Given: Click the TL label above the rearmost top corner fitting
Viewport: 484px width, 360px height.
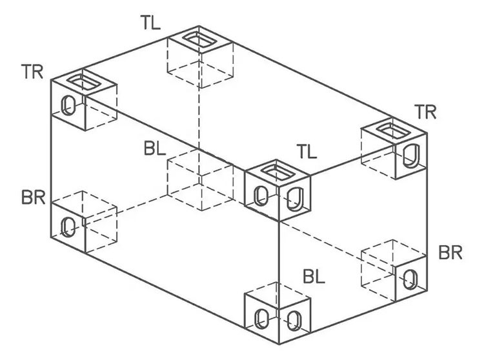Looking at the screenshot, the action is click(x=151, y=23).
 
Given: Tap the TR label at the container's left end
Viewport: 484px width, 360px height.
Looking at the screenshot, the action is click(x=32, y=72).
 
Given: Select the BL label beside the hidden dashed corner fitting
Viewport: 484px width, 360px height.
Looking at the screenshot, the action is click(x=155, y=148).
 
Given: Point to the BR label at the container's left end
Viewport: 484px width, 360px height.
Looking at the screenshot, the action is click(x=34, y=197).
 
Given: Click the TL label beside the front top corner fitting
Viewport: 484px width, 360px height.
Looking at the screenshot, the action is click(x=307, y=151).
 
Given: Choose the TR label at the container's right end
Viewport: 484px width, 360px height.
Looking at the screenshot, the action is click(x=426, y=112).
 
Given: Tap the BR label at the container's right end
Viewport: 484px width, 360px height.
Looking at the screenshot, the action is click(x=450, y=252).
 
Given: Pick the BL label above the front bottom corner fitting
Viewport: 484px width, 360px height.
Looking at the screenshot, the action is click(x=314, y=276).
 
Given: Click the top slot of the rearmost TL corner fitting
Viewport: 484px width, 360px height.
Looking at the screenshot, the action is click(x=197, y=39).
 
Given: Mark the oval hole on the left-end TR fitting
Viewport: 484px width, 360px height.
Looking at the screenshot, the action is click(x=68, y=105).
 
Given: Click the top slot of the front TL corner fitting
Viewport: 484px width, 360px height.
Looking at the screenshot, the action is click(x=277, y=172).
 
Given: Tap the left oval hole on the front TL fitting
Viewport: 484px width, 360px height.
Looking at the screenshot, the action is click(x=261, y=196).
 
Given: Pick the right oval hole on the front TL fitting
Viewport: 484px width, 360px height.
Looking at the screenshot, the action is click(x=295, y=199).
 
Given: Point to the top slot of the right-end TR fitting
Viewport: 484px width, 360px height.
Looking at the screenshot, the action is click(x=394, y=130).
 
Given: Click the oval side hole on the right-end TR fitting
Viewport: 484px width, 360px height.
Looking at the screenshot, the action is click(x=411, y=156).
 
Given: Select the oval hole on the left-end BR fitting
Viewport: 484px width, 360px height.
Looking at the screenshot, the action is click(x=68, y=227).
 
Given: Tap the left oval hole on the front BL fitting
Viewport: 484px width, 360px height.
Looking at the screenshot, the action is click(x=261, y=319).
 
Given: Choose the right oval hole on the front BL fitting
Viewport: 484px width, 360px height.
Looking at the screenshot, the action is click(x=294, y=321).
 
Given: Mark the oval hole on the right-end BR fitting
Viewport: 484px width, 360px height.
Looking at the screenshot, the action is click(x=411, y=279).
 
